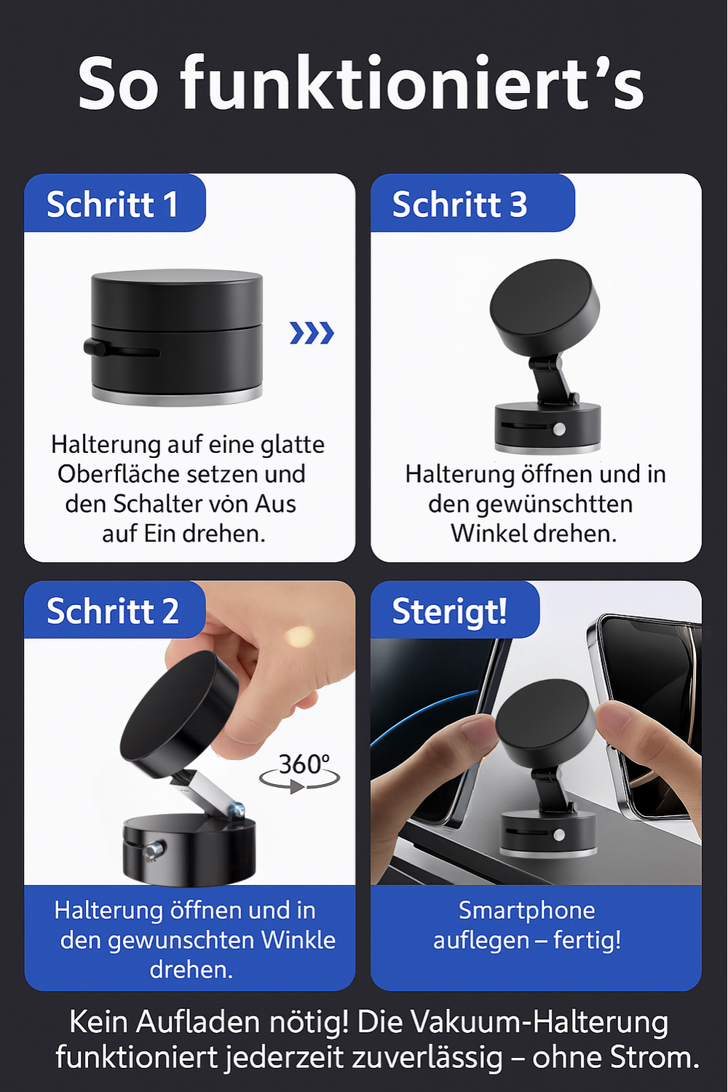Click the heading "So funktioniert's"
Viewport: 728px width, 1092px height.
[x=361, y=84]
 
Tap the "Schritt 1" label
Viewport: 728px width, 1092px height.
[x=113, y=205]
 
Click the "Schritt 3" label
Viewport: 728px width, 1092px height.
[x=459, y=205]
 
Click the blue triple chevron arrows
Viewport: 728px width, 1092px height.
[x=312, y=333]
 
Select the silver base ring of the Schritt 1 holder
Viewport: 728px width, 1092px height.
[x=177, y=396]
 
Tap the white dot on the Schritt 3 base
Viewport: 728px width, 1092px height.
[x=559, y=430]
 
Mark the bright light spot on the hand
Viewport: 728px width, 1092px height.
[x=299, y=637]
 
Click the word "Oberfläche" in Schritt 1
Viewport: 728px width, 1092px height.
[x=111, y=474]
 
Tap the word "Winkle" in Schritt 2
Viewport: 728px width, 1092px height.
[x=298, y=940]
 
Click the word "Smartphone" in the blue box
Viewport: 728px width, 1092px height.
[x=527, y=910]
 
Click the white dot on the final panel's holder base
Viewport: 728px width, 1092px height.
[x=559, y=835]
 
